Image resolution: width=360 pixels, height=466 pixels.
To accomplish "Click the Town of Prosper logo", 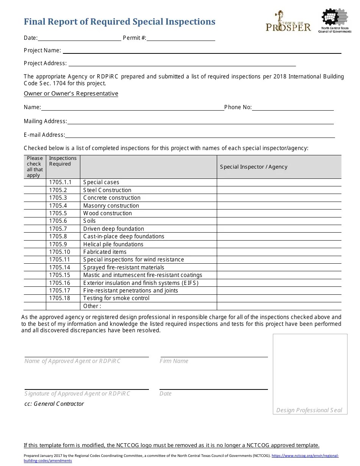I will point(288,22).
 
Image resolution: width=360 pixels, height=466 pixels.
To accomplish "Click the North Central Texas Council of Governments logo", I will point(335,21).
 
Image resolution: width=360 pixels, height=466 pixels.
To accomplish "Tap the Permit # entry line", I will point(181,38).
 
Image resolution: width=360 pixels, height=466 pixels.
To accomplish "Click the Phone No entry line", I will point(293,108).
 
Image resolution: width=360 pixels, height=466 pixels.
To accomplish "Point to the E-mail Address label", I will point(44,135).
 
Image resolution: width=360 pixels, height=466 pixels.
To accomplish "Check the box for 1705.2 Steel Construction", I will point(35,190).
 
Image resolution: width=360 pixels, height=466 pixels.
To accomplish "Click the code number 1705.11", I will point(59,260).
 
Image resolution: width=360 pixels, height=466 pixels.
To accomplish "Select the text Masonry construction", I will point(111,206).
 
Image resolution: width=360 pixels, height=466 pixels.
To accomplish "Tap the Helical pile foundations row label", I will point(113,244).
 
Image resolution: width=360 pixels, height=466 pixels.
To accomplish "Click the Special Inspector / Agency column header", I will point(254,167).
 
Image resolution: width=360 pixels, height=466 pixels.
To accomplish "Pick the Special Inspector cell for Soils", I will point(279,221).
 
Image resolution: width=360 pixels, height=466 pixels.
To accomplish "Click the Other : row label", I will point(92,306).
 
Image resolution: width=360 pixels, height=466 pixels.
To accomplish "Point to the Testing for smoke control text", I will point(116,298).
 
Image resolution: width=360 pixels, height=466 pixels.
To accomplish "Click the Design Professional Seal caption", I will point(309,410).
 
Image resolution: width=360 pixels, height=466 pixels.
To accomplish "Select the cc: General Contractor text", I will point(54,404).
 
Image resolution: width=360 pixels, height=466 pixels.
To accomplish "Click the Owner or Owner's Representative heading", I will point(71,94).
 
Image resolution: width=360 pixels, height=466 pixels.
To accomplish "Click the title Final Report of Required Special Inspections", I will point(119,22).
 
